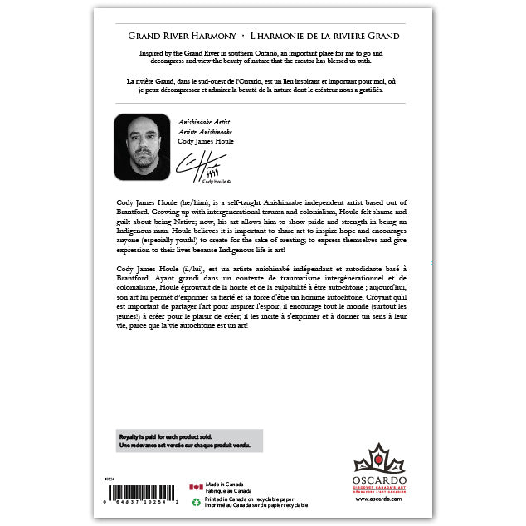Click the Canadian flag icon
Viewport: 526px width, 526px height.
[195, 487]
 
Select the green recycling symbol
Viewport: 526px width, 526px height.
[195, 501]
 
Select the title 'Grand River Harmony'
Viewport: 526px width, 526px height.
[180, 37]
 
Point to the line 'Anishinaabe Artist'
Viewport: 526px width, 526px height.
[202, 121]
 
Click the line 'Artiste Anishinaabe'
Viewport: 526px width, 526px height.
[204, 131]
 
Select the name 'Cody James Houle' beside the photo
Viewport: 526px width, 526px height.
[206, 141]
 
